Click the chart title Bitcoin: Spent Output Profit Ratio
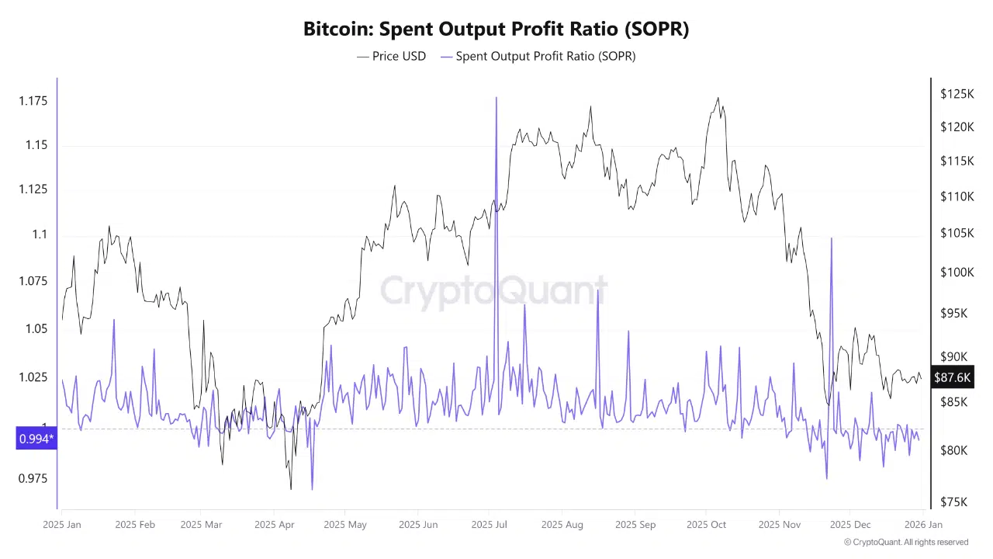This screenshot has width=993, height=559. tap(496, 30)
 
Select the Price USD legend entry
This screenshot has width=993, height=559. tap(392, 56)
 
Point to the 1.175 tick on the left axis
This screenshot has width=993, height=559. tap(33, 101)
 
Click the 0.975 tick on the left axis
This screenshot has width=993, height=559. tap(33, 478)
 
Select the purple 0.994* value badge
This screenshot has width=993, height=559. tap(36, 439)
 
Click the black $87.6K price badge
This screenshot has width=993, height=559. tap(952, 377)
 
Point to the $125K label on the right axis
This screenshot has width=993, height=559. tap(957, 94)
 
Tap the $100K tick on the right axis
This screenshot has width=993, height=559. tap(957, 273)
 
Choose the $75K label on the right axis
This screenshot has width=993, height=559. tap(953, 502)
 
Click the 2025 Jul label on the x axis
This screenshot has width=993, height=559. tap(489, 525)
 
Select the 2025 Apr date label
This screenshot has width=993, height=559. tap(274, 525)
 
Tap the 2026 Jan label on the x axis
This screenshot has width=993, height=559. tap(923, 525)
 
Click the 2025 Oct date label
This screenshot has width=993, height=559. tap(706, 525)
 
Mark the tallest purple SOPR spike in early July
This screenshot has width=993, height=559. tap(496, 99)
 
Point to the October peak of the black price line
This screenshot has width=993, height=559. tap(718, 99)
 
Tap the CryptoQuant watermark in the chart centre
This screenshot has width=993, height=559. tap(493, 291)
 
